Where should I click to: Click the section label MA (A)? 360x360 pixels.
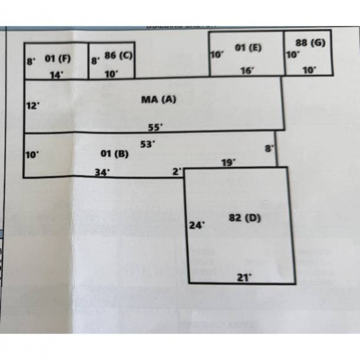point(159,100)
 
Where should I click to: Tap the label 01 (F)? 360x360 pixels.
point(57,58)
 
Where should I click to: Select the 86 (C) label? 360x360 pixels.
point(118,55)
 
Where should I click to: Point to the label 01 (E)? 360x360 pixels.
point(248,47)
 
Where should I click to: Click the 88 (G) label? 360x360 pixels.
point(310,42)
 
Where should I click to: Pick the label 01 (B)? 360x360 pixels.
point(114,154)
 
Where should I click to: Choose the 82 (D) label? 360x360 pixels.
point(244,218)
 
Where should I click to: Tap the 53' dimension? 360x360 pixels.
point(148,143)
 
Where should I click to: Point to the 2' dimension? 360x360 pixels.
point(176,172)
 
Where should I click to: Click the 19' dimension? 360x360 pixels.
point(228,161)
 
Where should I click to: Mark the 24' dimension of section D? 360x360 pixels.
point(196,225)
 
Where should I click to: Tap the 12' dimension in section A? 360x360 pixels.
point(32,106)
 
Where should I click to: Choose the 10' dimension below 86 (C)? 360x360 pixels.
point(112,74)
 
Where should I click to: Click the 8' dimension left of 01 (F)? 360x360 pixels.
point(31,60)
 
